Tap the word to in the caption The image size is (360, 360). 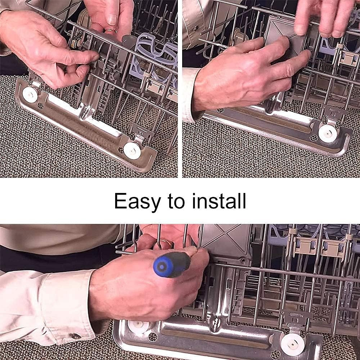point(176,201)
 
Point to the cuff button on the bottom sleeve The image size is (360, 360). point(76,336)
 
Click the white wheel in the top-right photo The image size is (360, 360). point(328,134)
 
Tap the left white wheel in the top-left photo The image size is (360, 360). point(30,95)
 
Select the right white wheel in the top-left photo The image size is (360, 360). point(132,150)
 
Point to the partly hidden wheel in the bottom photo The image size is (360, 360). point(138,327)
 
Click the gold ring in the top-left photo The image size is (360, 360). point(111,30)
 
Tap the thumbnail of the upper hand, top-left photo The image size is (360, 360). point(112,19)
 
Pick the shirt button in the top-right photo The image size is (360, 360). point(196,29)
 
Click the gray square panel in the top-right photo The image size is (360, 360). point(285,37)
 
